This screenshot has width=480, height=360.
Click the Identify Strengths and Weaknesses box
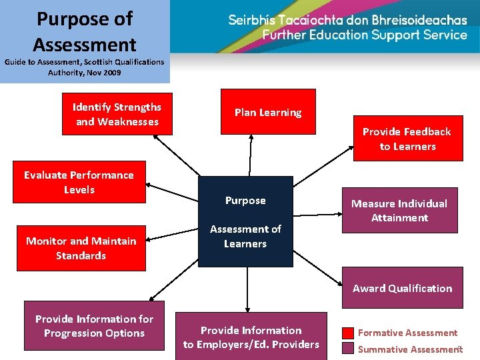click(117, 114)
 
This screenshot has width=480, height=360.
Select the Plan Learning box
click(267, 113)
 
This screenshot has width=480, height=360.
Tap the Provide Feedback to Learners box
click(407, 139)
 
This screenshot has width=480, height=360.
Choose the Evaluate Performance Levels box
click(79, 182)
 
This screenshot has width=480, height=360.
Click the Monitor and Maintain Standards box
click(81, 248)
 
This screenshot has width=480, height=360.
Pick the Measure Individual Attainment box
click(399, 211)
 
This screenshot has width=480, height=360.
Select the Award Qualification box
click(402, 288)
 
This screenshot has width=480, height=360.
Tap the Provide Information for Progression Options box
click(94, 326)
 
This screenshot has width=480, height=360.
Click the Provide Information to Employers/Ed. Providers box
click(251, 337)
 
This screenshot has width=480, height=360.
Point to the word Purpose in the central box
click(245, 201)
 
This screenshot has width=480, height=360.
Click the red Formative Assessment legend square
click(348, 333)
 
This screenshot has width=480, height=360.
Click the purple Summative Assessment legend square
click(348, 349)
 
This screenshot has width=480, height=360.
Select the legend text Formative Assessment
click(408, 333)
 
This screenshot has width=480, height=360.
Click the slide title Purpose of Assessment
click(85, 32)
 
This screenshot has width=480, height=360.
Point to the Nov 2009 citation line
click(85, 73)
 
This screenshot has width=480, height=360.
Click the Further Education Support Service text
click(365, 35)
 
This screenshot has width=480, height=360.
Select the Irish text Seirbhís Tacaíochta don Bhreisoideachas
click(347, 20)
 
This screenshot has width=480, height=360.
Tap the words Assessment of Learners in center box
click(245, 236)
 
